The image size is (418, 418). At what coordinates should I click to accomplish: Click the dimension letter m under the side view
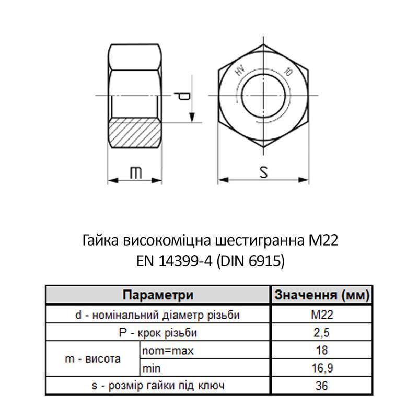pyautogui.click(x=135, y=173)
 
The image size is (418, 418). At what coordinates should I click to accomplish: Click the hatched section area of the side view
pyautogui.click(x=135, y=135)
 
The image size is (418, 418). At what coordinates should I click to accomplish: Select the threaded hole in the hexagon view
pyautogui.click(x=263, y=96)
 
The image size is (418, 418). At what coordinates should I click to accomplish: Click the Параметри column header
pyautogui.click(x=158, y=295)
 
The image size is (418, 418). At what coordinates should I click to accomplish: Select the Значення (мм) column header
pyautogui.click(x=322, y=295)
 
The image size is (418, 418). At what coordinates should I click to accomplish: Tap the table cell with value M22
pyautogui.click(x=322, y=315)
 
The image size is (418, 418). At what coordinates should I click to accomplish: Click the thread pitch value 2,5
pyautogui.click(x=322, y=333)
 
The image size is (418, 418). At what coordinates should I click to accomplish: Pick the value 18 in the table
pyautogui.click(x=322, y=351)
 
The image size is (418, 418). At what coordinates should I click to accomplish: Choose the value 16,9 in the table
pyautogui.click(x=322, y=368)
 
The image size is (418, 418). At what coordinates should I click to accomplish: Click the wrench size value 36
pyautogui.click(x=322, y=386)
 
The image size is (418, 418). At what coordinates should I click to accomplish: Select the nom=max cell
pyautogui.click(x=168, y=351)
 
